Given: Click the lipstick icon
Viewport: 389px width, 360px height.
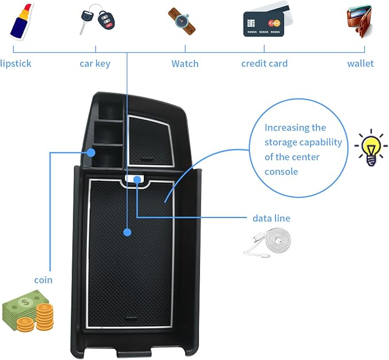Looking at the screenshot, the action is pyautogui.click(x=21, y=21).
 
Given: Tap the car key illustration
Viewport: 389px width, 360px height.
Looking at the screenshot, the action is pyautogui.click(x=98, y=19).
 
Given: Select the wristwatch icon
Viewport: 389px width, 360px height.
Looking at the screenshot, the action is pyautogui.click(x=182, y=21).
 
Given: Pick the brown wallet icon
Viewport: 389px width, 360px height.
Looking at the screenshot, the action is pyautogui.click(x=360, y=21).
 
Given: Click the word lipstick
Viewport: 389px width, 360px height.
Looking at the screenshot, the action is pyautogui.click(x=15, y=64).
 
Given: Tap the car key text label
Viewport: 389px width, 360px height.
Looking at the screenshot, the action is pyautogui.click(x=95, y=64).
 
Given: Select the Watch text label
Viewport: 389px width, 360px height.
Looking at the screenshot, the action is pyautogui.click(x=185, y=64).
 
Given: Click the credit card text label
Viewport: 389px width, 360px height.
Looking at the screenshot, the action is pyautogui.click(x=265, y=64).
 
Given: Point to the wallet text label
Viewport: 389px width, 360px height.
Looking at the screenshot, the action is pyautogui.click(x=360, y=64).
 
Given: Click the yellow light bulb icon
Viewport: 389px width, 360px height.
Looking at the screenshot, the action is pyautogui.click(x=371, y=148).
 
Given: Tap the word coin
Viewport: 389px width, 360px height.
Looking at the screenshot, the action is pyautogui.click(x=44, y=280).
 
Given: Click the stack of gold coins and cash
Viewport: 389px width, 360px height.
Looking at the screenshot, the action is pyautogui.click(x=28, y=311).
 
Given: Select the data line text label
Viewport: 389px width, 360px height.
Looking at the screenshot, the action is pyautogui.click(x=272, y=218).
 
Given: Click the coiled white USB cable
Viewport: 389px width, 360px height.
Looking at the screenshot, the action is pyautogui.click(x=268, y=243).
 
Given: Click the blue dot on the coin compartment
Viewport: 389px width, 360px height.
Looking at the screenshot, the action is pyautogui.click(x=91, y=152).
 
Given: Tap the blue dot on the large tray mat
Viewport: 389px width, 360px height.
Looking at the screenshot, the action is pyautogui.click(x=127, y=232).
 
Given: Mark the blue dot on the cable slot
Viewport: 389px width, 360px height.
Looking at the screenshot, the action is pyautogui.click(x=137, y=180).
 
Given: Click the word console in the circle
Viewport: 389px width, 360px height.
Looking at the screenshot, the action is pyautogui.click(x=281, y=172).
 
